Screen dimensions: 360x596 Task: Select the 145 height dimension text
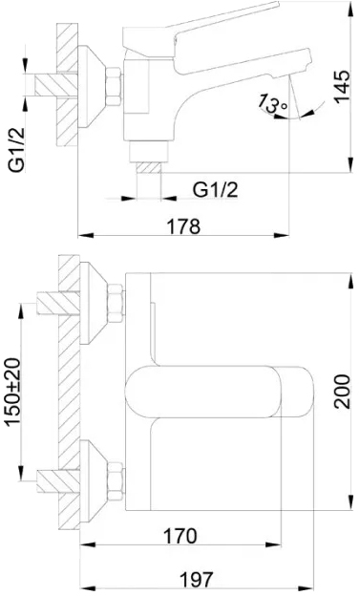click(342, 87)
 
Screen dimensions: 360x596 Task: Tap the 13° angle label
click(273, 103)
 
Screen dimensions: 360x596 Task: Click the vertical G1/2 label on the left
click(17, 149)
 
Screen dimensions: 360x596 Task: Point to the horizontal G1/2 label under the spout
click(215, 189)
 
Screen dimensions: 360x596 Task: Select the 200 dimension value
click(342, 392)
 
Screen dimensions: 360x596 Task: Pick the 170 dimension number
click(180, 536)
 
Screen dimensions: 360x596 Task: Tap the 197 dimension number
click(196, 579)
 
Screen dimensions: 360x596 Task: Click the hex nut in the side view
click(114, 87)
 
